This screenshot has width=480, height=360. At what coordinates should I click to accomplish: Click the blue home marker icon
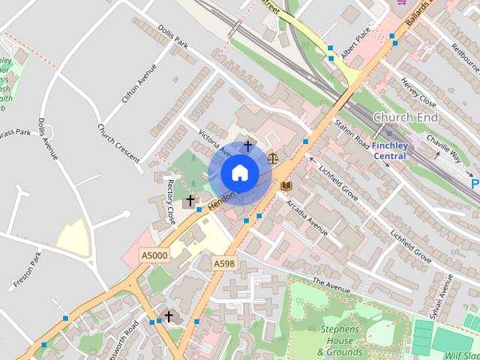click(239, 172)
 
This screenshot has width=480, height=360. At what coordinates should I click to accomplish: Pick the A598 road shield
click(223, 263)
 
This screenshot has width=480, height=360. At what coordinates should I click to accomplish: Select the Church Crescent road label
click(118, 142)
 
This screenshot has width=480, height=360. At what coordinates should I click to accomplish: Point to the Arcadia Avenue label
click(305, 217)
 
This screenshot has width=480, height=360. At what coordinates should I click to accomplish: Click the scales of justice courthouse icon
click(272, 158)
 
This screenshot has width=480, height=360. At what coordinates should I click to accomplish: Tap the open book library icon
click(286, 185)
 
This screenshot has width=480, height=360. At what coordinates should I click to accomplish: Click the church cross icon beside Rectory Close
click(190, 200)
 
